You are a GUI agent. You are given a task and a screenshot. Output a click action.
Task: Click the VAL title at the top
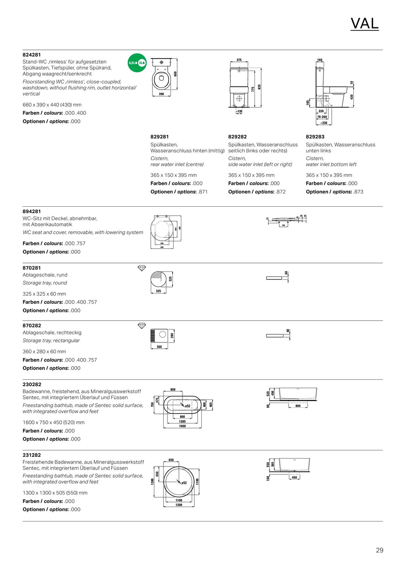click(x=364, y=24)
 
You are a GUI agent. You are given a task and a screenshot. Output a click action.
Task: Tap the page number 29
click(x=380, y=550)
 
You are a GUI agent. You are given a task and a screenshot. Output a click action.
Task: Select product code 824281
click(x=32, y=55)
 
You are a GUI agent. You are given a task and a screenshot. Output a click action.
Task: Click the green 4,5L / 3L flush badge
click(x=137, y=63)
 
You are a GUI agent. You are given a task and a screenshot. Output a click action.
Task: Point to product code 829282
click(x=237, y=136)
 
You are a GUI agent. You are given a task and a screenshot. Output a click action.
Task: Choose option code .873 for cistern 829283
click(x=359, y=192)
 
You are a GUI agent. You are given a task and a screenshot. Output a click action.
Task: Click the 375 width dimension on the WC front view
click(x=239, y=60)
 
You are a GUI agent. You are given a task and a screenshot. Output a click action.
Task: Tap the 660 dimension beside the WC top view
click(x=175, y=74)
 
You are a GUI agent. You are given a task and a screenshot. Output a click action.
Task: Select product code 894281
click(x=32, y=211)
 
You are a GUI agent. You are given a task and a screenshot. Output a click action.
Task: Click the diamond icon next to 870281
click(x=142, y=268)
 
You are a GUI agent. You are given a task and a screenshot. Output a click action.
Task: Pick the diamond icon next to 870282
click(x=142, y=326)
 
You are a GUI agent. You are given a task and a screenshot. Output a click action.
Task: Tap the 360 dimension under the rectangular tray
click(x=159, y=347)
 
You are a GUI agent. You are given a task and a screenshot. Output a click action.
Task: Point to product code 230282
click(x=32, y=384)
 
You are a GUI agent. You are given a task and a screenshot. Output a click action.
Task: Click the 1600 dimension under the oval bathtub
click(x=183, y=426)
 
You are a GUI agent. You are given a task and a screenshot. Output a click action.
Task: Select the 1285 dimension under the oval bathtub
click(x=183, y=421)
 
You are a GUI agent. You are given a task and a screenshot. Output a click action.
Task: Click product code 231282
click(x=32, y=455)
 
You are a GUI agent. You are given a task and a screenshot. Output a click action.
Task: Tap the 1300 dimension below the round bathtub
click(x=179, y=505)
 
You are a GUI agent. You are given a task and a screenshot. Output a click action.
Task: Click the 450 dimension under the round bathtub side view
click(x=294, y=478)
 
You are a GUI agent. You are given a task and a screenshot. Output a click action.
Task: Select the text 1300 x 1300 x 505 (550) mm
click(x=55, y=493)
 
